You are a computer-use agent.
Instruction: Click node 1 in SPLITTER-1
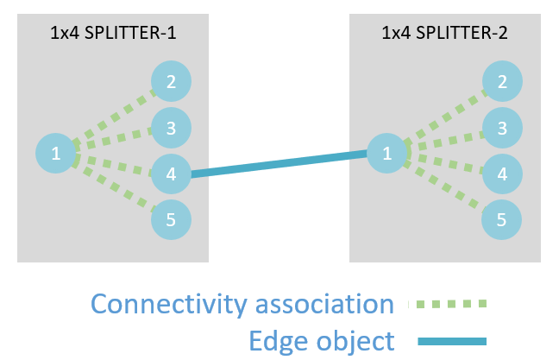tap(55, 154)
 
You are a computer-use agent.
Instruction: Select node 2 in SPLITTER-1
tap(171, 82)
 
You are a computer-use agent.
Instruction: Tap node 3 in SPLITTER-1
tap(171, 129)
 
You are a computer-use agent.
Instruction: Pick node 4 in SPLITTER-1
tap(171, 174)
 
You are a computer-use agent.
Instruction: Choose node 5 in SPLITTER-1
tap(171, 220)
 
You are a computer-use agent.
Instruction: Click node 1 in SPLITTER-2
tap(386, 154)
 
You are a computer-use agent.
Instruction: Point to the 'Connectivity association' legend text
tap(242, 304)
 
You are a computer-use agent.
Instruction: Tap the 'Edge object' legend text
tap(322, 340)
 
